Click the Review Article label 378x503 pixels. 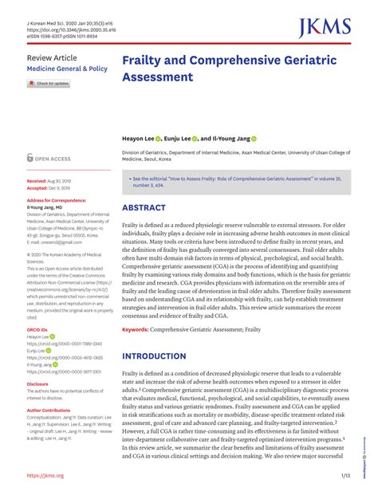[x=52, y=59]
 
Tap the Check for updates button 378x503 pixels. [x=49, y=84]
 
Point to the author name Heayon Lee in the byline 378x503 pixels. [x=140, y=138]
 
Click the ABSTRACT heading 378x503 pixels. [x=144, y=208]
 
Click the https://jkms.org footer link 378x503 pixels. [x=45, y=476]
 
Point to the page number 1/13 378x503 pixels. [x=345, y=476]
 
